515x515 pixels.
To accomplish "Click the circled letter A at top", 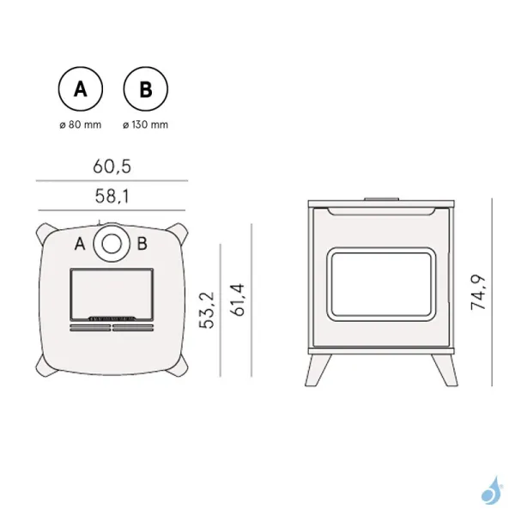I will pos(81,89).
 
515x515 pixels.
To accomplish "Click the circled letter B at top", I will pos(146,89).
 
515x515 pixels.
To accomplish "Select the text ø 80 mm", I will pos(81,124).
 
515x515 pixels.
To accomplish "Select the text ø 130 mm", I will pos(146,124).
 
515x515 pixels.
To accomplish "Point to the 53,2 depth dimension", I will pos(205,311).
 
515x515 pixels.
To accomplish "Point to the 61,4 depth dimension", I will pos(238,300).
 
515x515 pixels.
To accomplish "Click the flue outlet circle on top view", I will pos(111,243).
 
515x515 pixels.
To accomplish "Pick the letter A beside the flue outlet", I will pos(80,244).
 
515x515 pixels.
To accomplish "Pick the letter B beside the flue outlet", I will pos(142,244).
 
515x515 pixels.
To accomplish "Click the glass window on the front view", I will pos(379,282).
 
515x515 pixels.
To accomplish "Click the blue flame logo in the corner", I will pos(490,491).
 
